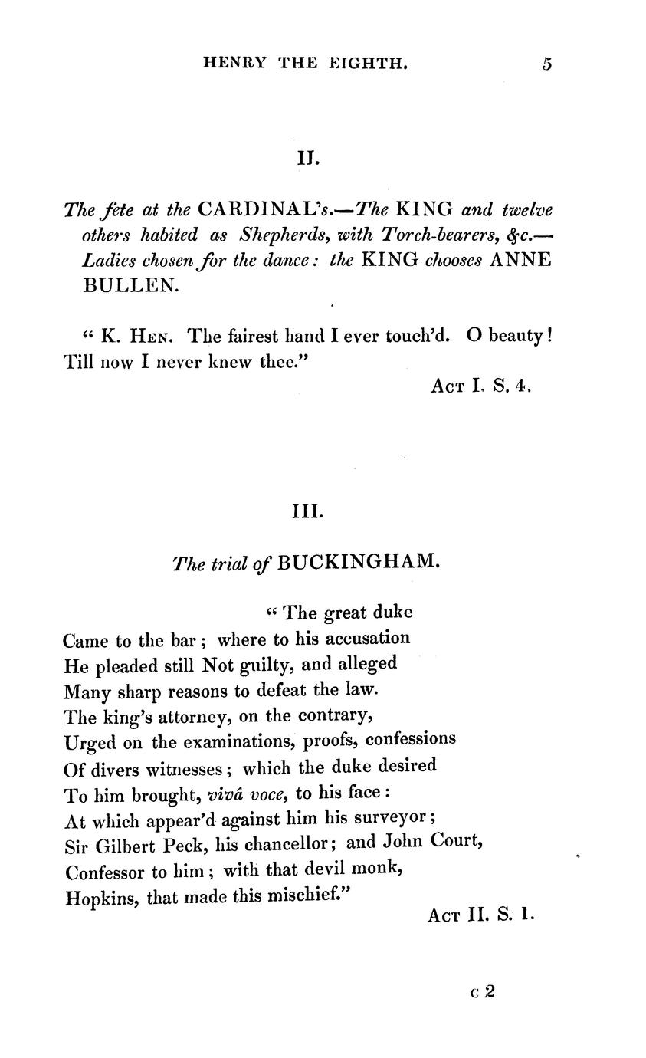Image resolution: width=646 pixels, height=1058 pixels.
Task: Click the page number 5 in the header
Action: click(x=546, y=64)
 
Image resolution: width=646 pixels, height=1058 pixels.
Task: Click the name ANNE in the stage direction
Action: click(x=520, y=259)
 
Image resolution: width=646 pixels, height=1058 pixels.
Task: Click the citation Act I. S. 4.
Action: click(x=480, y=386)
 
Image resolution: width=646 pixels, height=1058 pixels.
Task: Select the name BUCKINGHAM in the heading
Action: click(x=359, y=562)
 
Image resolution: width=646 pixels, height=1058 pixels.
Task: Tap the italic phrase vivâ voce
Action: click(x=246, y=794)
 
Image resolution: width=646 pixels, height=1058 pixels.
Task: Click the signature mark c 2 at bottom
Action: click(x=483, y=991)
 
